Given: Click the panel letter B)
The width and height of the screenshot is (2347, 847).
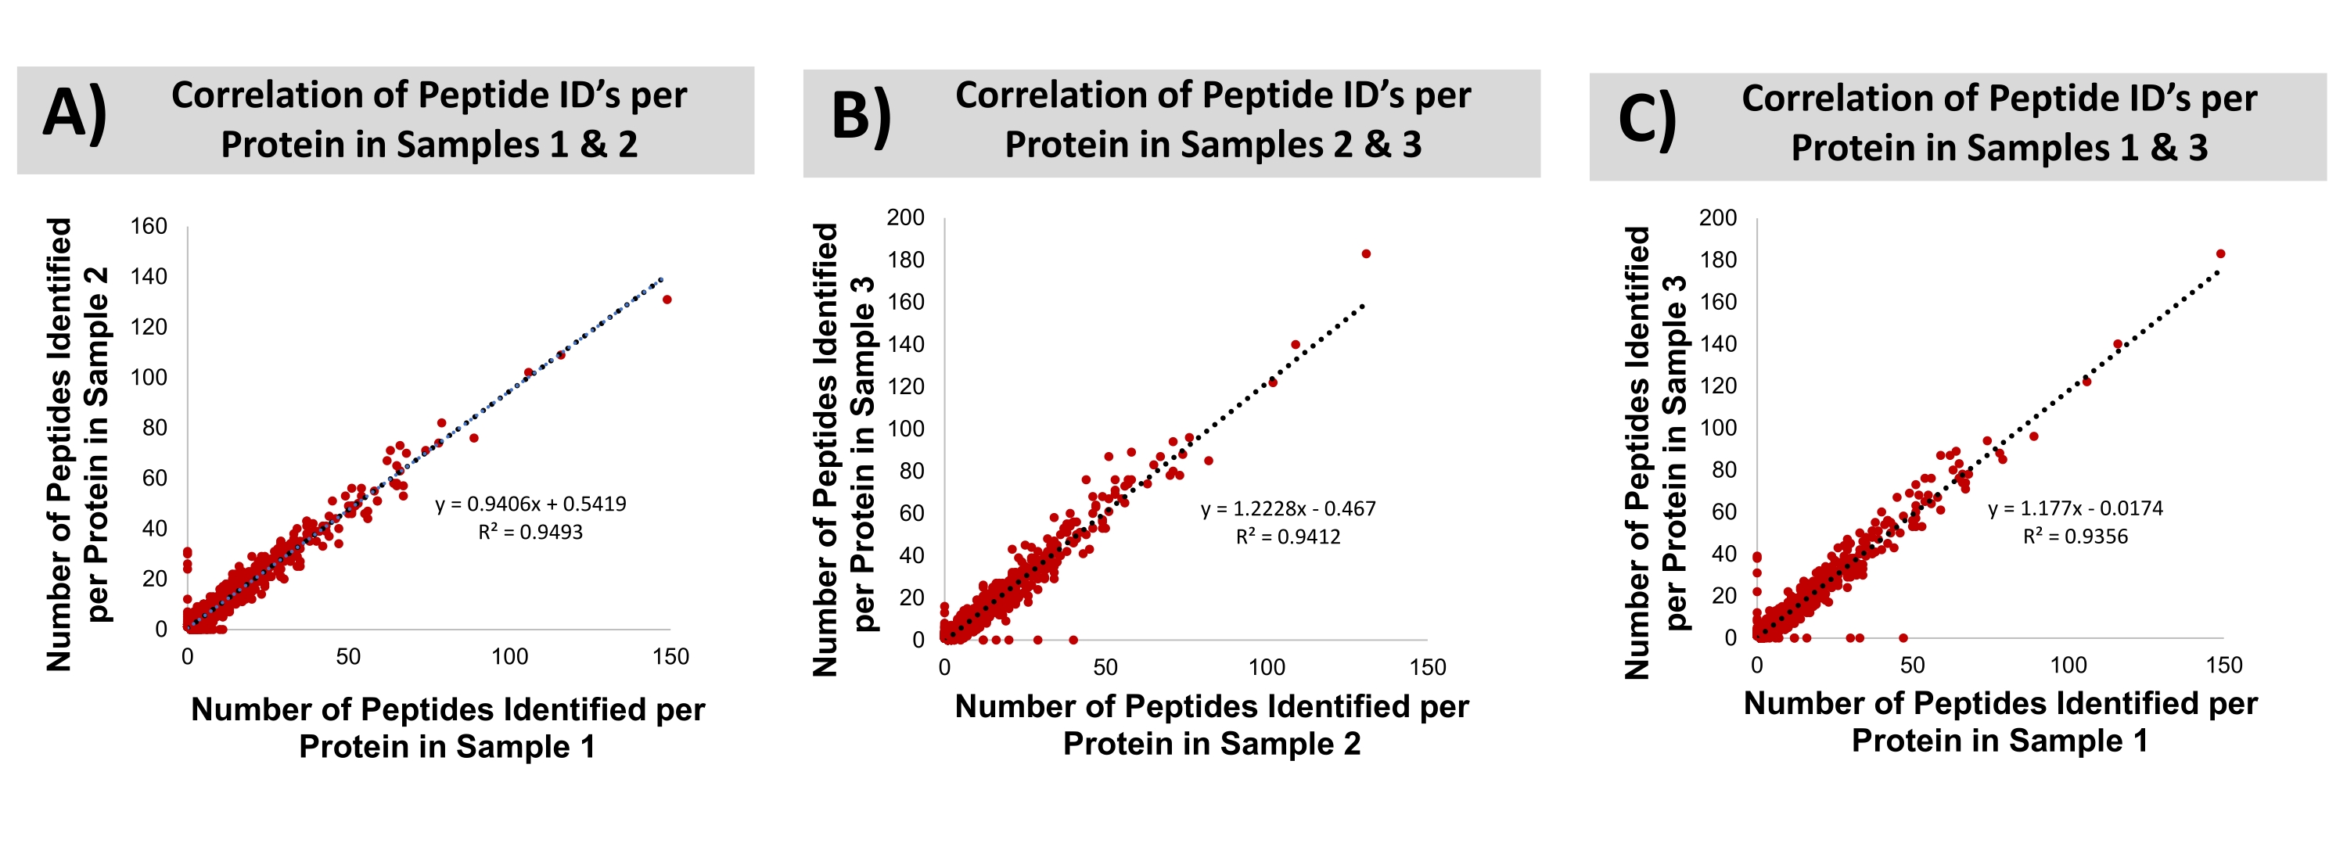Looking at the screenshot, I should pos(861,118).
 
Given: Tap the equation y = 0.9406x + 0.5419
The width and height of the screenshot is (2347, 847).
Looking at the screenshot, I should pos(530,504).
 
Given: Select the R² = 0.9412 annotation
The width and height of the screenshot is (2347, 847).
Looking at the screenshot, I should pos(1288,537).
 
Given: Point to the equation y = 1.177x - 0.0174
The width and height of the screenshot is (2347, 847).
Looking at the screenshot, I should pos(2075,508).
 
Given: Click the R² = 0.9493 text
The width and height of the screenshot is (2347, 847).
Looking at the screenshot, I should pos(530,532).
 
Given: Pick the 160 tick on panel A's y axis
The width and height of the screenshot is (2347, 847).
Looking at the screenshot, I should pos(149,226).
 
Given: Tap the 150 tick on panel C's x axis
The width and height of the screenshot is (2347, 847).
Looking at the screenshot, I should pos(2224,666).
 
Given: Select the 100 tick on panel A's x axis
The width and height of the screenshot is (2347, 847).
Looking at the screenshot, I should pos(509,657).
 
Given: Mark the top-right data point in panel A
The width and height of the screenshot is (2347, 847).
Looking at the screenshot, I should pos(667,300).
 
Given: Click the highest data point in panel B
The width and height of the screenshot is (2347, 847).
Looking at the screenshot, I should pos(1366,254).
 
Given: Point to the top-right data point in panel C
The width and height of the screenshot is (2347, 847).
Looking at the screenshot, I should pos(2220,254).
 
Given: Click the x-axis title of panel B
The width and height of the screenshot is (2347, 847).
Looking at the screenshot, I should pos(1212,725).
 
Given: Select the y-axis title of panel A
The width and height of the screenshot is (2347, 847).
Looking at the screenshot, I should pos(77,444).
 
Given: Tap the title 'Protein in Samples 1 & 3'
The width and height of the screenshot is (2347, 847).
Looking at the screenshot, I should pos(1999,148).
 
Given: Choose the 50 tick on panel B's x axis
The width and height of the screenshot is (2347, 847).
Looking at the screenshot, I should pos(1105,668).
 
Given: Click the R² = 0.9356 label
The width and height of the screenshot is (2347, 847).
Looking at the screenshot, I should pos(2075,537).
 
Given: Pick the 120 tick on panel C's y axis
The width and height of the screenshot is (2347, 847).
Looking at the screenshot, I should pos(1717,386).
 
